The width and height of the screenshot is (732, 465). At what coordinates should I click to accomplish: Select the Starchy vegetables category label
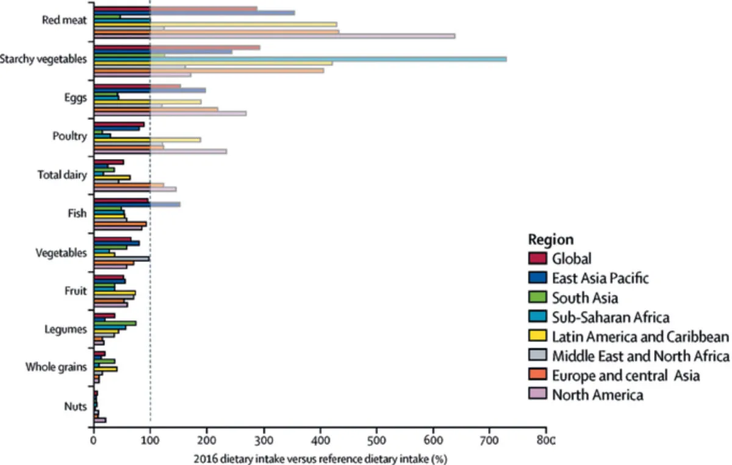[x=43, y=59]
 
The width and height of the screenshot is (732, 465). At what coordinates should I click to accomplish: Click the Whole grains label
[x=56, y=367]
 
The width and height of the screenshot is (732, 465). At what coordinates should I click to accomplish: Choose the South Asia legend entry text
[x=585, y=298]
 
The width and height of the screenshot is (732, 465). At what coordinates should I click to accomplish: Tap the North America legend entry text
[x=597, y=395]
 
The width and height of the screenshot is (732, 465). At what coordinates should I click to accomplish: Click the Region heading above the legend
[x=550, y=239]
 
